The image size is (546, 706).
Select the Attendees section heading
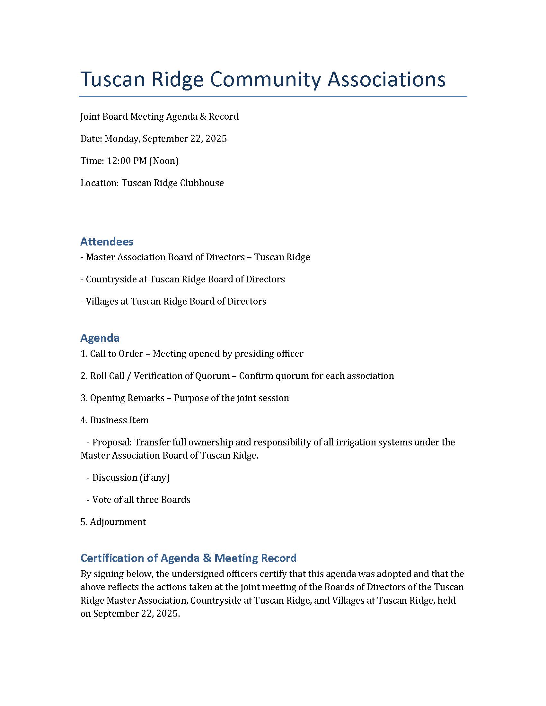(x=107, y=241)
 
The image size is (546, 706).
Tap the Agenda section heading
(x=100, y=338)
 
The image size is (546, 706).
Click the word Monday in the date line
(x=122, y=139)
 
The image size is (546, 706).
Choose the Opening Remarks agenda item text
(x=127, y=398)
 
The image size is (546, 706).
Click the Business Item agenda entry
(x=119, y=420)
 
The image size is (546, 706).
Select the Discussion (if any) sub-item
(x=131, y=478)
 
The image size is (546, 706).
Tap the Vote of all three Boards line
(x=141, y=500)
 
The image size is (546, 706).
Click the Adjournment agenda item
(x=118, y=522)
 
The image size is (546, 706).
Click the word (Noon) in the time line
(x=164, y=161)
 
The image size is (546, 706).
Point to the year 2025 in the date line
(x=216, y=139)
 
